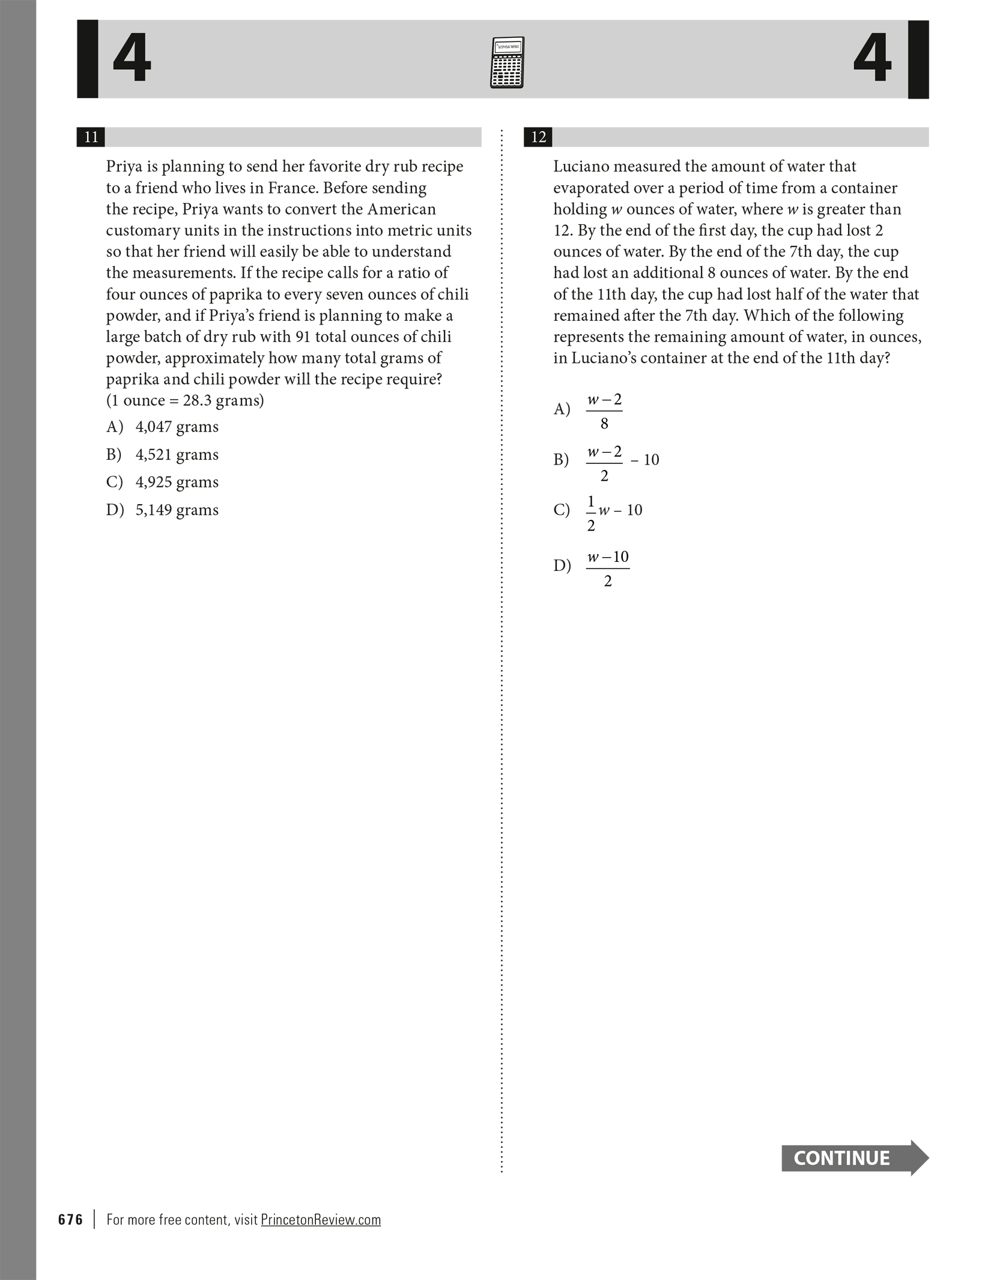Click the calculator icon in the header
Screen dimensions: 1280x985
(507, 62)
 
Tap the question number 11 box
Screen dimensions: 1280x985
(91, 137)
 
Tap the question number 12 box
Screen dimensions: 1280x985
(538, 137)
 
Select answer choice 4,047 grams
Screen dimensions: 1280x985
(177, 427)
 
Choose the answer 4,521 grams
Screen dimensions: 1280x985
(177, 454)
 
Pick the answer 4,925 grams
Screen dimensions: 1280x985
(177, 482)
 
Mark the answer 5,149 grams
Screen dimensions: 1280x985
(177, 510)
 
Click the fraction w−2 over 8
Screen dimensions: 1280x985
(604, 411)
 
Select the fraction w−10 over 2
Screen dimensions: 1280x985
(608, 568)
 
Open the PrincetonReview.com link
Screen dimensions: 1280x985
(321, 1219)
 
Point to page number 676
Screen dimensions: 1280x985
(71, 1219)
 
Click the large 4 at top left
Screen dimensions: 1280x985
(132, 59)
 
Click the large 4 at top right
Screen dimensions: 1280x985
(872, 59)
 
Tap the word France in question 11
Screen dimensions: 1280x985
(292, 188)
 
